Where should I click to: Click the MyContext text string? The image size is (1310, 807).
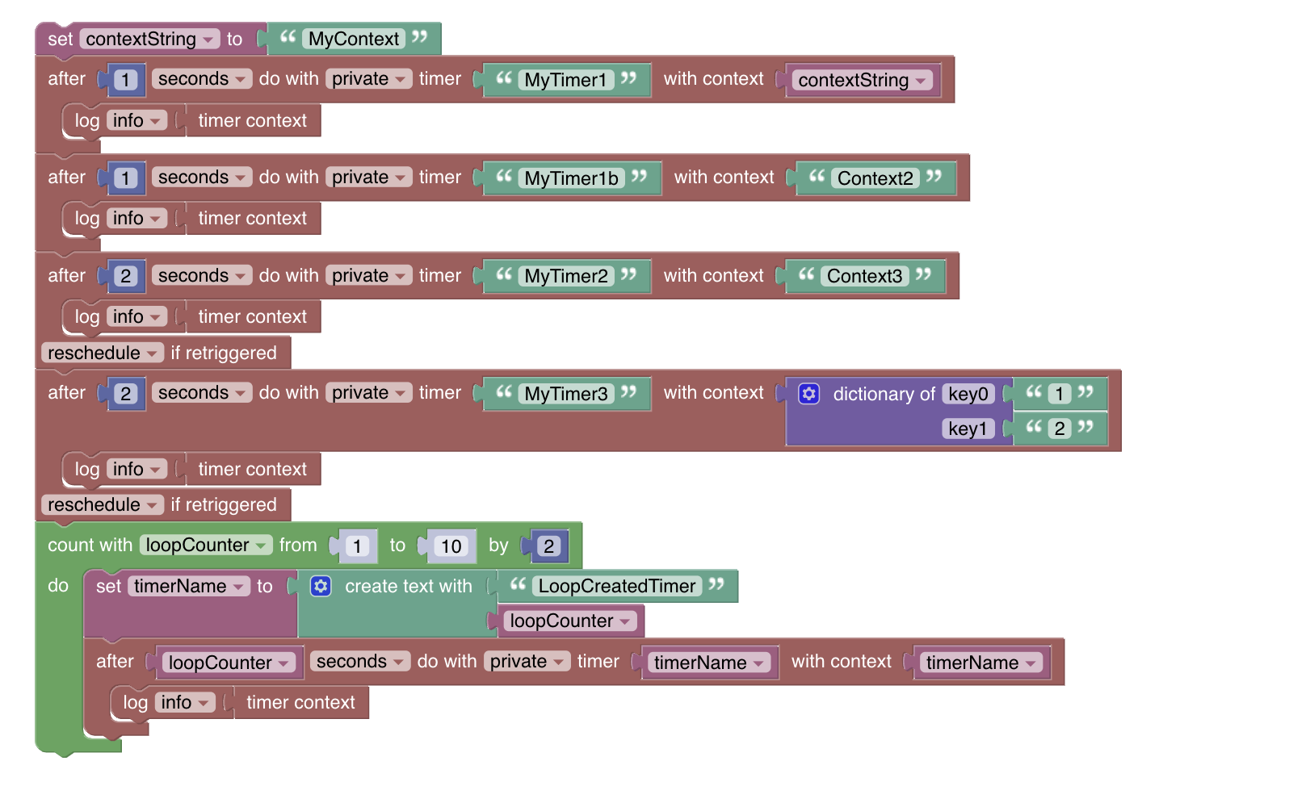coord(354,40)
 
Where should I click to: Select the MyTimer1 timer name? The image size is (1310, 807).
coord(565,80)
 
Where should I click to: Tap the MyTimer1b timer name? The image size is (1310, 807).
coord(571,178)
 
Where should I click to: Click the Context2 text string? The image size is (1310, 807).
coord(875,178)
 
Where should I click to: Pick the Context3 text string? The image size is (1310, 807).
coord(864,276)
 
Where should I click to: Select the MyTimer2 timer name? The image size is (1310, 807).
coord(565,276)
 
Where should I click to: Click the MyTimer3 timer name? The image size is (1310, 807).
coord(565,394)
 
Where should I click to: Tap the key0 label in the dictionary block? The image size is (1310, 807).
coord(968,394)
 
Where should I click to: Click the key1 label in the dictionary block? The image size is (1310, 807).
coord(968,429)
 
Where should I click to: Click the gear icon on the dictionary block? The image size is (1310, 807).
coord(808,394)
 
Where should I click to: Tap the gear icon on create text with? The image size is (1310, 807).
coord(321,587)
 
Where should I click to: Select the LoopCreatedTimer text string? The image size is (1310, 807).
coord(617,587)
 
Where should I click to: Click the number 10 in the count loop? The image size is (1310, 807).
coord(451,546)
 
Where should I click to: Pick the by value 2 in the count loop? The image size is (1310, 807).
coord(549,546)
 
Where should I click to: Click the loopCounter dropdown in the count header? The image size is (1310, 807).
coord(205,546)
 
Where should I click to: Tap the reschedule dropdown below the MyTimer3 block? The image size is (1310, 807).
coord(102,505)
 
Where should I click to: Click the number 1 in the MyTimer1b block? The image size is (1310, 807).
coord(125,178)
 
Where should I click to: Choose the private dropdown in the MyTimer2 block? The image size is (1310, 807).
coord(368,276)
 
